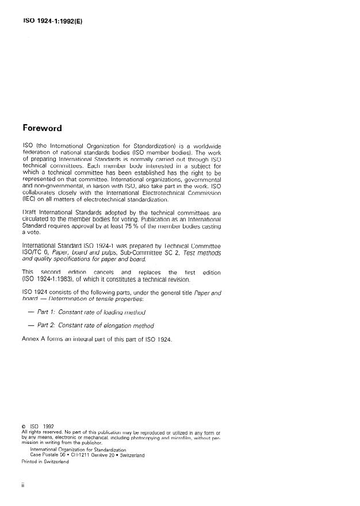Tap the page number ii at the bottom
(x=22, y=484)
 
